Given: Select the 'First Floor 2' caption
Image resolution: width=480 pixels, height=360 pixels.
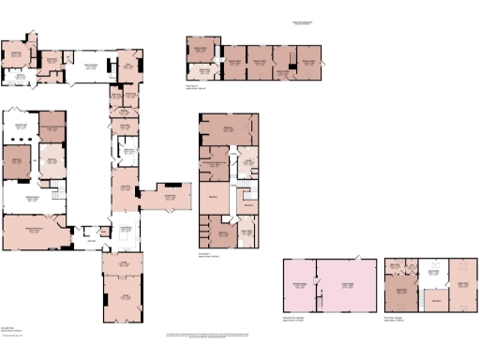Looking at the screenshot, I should point(194,85).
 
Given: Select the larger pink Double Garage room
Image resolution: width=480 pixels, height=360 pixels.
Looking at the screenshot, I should point(344,286).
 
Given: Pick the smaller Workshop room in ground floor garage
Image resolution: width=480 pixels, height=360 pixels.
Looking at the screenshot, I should point(300,286).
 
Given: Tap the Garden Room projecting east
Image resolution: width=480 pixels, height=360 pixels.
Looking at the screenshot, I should point(170,198).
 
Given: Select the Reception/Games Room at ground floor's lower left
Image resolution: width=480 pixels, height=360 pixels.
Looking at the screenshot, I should point(36,230).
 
